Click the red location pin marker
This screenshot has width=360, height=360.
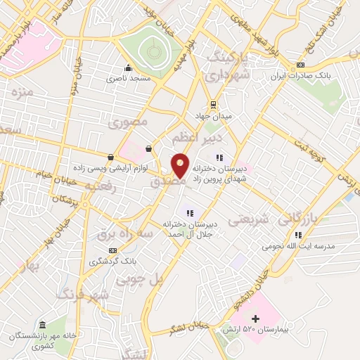(180, 165)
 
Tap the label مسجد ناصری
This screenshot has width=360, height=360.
(129, 78)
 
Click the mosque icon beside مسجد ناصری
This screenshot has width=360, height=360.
(128, 68)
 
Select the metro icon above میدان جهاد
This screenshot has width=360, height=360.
(213, 103)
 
